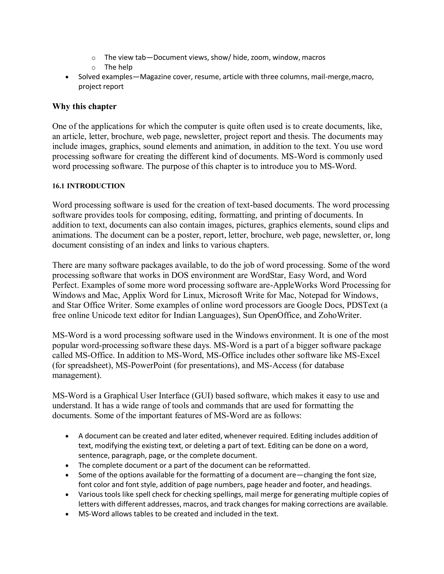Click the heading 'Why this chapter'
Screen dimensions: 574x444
tap(84, 106)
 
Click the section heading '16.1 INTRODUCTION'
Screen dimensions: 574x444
tap(88, 186)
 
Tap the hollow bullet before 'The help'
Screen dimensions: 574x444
tap(93, 68)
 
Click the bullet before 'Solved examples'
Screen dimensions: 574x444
tap(68, 77)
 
